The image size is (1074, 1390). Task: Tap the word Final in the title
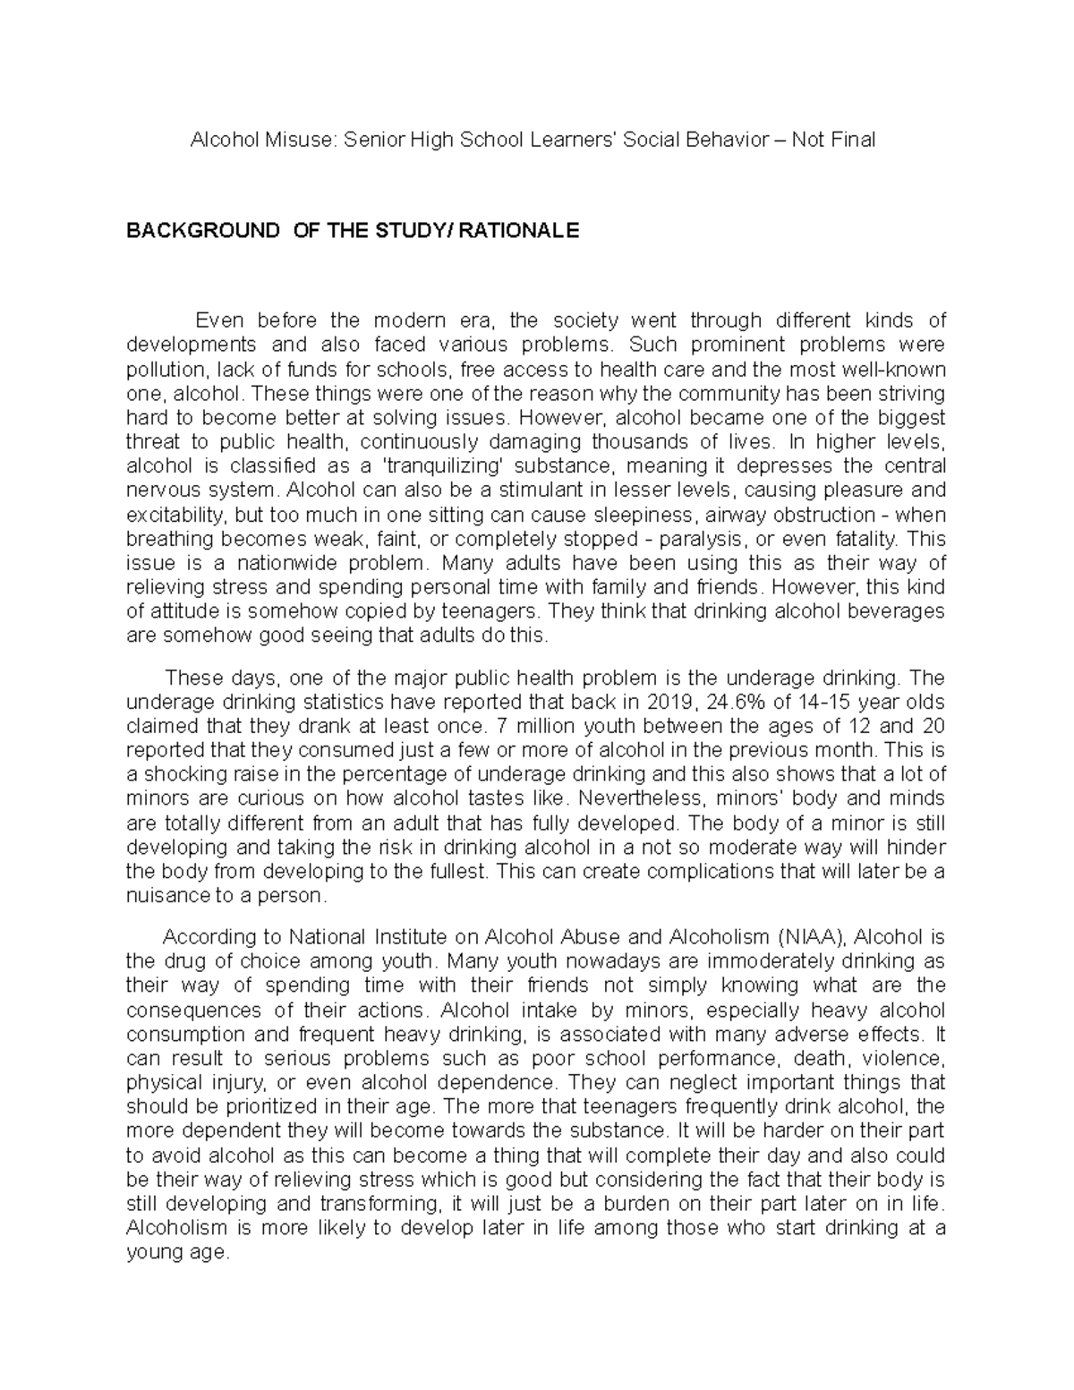click(x=852, y=140)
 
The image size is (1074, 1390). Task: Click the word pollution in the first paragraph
click(x=160, y=370)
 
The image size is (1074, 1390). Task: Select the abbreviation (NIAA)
click(x=813, y=937)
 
